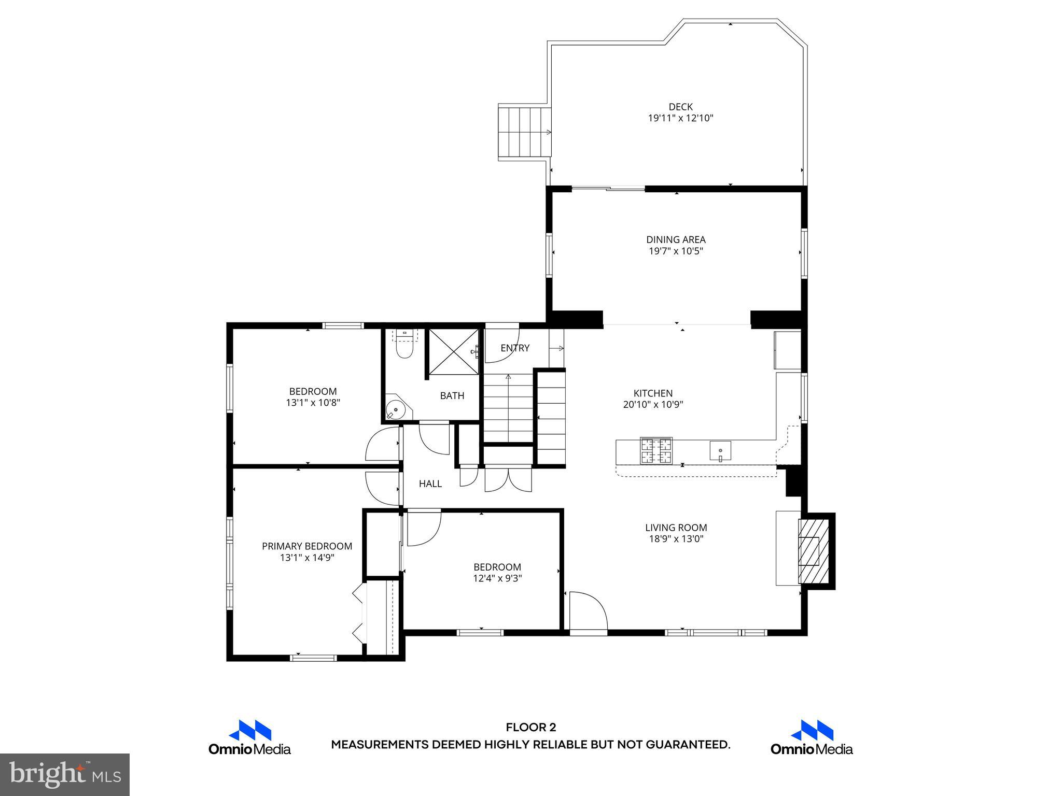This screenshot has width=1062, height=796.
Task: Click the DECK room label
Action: coord(680,107)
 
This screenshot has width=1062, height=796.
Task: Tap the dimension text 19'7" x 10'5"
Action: coord(676,251)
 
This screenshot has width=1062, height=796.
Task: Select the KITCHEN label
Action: coord(653,393)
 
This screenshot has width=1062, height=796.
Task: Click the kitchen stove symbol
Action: coord(656,450)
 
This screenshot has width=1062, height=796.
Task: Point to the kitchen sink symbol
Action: coord(720,450)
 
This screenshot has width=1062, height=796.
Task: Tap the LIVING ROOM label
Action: coord(676,528)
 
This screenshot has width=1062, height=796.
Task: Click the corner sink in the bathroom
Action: coord(396,409)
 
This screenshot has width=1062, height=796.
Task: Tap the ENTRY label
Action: coord(515,348)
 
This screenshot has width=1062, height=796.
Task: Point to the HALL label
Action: coord(430,484)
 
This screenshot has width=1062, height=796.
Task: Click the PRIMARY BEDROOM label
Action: coord(307,546)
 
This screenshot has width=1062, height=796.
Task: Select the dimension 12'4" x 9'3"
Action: coord(497,578)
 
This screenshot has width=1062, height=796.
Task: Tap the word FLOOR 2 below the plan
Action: coord(530,728)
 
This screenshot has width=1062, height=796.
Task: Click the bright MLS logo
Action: coord(65,774)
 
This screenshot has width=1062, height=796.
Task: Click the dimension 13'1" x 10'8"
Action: coord(313,403)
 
